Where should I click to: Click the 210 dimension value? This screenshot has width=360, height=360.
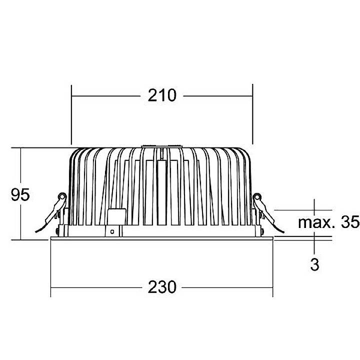pyautogui.click(x=162, y=94)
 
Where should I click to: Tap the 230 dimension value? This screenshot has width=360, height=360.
pyautogui.click(x=162, y=287)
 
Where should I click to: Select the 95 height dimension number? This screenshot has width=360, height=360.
pyautogui.click(x=20, y=194)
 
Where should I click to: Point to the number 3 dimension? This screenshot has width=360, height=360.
pyautogui.click(x=314, y=264)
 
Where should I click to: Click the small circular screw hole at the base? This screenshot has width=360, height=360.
pyautogui.click(x=113, y=231)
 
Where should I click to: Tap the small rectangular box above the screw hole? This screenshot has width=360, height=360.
pyautogui.click(x=116, y=217)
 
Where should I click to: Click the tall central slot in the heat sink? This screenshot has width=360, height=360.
pyautogui.click(x=162, y=192)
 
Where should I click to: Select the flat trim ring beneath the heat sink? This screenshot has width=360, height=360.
pyautogui.click(x=162, y=237)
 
